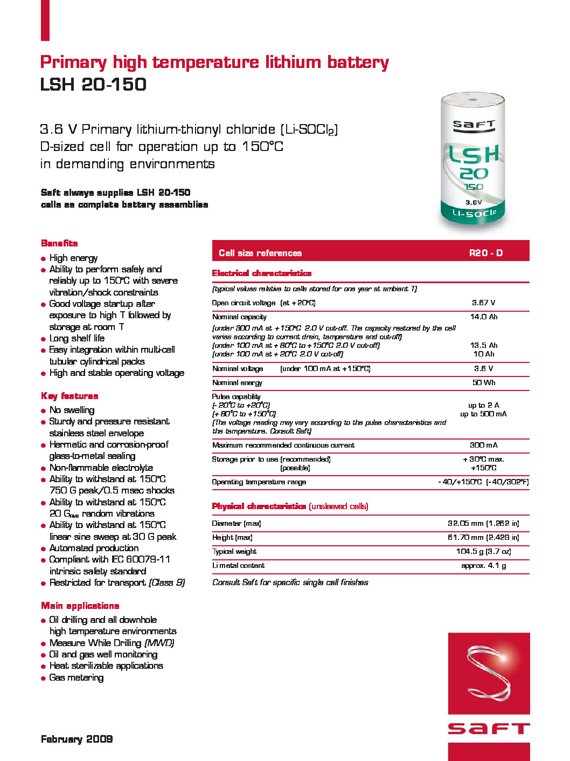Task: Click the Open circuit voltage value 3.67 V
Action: point(483,303)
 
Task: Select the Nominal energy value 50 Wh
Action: point(483,383)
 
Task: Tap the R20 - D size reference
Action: point(485,253)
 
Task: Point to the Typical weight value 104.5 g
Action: point(483,552)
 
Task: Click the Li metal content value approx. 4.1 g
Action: point(483,566)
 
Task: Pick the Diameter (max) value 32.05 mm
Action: point(483,524)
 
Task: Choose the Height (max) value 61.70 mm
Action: point(483,538)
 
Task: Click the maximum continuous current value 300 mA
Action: point(483,445)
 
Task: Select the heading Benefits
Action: point(59,243)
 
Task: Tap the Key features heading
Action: point(69,396)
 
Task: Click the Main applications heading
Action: point(80,606)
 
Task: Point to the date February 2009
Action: point(77,739)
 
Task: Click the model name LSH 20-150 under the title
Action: point(93,84)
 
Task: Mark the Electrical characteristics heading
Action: point(262,273)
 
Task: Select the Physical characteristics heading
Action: point(259,506)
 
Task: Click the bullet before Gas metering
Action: point(43,678)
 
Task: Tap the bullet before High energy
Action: point(43,259)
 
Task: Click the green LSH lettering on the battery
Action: point(474,155)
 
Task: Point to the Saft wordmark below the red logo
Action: point(489,729)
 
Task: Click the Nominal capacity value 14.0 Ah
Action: point(483,317)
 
